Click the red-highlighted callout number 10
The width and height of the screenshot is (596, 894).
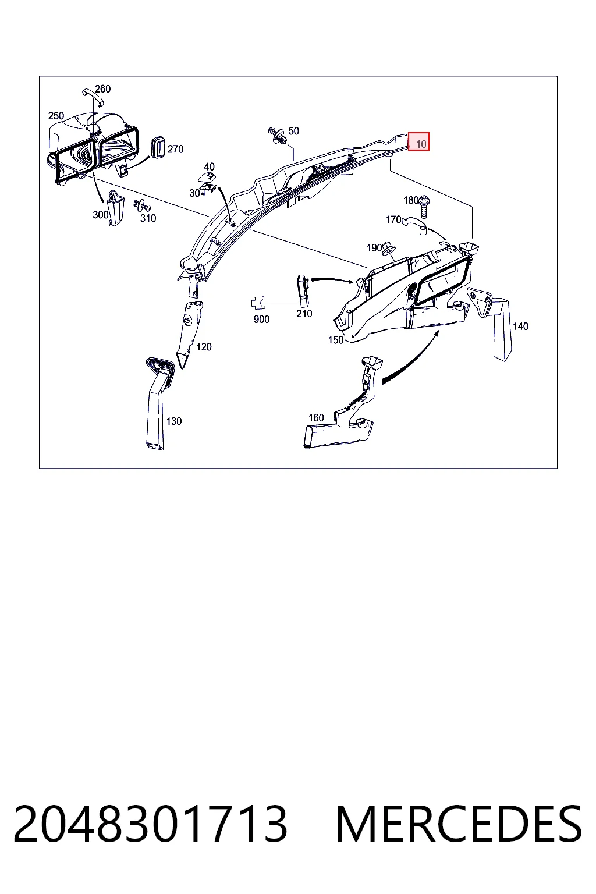click(421, 144)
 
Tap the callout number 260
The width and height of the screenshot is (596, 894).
click(102, 88)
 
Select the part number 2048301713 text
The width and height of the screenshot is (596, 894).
click(150, 824)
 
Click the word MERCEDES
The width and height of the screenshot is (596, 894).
click(459, 824)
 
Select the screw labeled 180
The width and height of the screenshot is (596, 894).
click(424, 207)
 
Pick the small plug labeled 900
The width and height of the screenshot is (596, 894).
click(258, 303)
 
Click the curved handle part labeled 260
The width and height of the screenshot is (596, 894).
click(93, 96)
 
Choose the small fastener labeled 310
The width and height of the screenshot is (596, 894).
click(141, 205)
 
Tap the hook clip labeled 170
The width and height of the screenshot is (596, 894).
click(416, 224)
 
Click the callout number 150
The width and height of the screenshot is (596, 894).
click(336, 340)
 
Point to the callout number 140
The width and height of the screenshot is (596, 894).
click(520, 327)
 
